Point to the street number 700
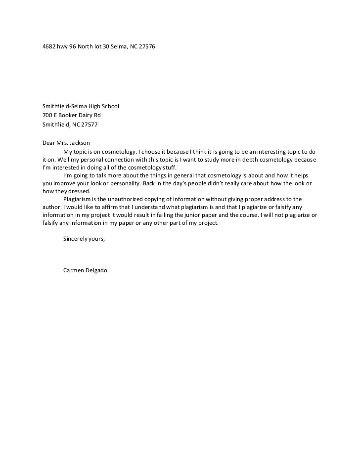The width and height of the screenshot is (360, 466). click(47, 116)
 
